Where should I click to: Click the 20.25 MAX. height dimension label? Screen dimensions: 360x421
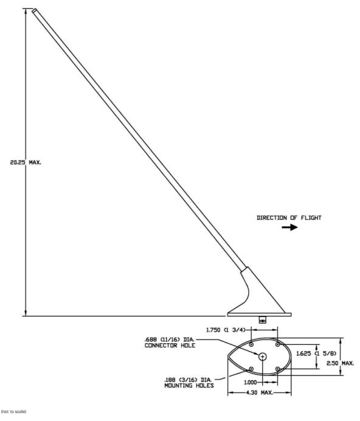pyautogui.click(x=26, y=162)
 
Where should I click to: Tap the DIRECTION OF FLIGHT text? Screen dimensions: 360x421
pyautogui.click(x=289, y=218)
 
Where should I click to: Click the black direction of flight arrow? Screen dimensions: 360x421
pyautogui.click(x=289, y=228)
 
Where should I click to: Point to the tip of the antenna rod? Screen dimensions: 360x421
pyautogui.click(x=34, y=10)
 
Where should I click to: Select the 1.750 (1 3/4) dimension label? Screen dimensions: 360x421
pyautogui.click(x=226, y=330)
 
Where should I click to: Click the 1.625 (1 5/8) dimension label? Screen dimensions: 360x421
pyautogui.click(x=316, y=353)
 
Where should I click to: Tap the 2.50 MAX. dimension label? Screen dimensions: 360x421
pyautogui.click(x=340, y=363)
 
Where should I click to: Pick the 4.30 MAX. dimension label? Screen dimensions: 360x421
pyautogui.click(x=259, y=392)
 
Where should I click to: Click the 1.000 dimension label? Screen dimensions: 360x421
pyautogui.click(x=250, y=382)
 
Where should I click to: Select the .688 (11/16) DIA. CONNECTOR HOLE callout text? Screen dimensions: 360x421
pyautogui.click(x=170, y=343)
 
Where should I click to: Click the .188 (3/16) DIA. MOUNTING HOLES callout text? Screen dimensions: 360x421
pyautogui.click(x=189, y=383)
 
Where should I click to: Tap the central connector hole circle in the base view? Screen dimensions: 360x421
pyautogui.click(x=263, y=357)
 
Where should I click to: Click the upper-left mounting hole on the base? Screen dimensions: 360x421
pyautogui.click(x=251, y=344)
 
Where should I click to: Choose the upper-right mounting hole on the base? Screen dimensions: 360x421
pyautogui.click(x=278, y=344)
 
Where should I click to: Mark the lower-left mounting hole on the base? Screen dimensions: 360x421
pyautogui.click(x=251, y=369)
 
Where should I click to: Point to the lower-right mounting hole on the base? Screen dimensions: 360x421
pyautogui.click(x=278, y=369)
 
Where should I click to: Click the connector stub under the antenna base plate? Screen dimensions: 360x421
pyautogui.click(x=262, y=319)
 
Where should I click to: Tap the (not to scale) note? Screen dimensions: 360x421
pyautogui.click(x=14, y=411)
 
